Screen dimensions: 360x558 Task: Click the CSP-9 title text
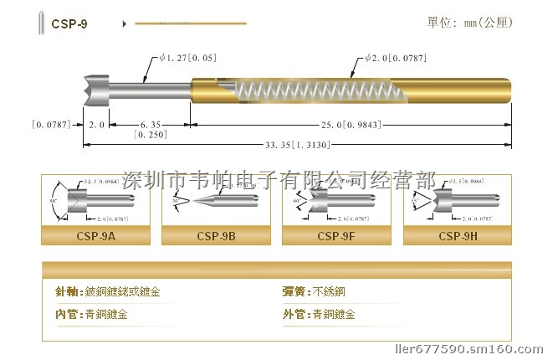(69, 24)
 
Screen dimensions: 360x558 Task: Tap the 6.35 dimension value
(151, 124)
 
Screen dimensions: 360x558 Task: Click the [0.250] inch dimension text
(151, 134)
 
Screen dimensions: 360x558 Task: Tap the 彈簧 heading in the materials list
(296, 293)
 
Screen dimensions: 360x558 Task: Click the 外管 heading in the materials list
(296, 315)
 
